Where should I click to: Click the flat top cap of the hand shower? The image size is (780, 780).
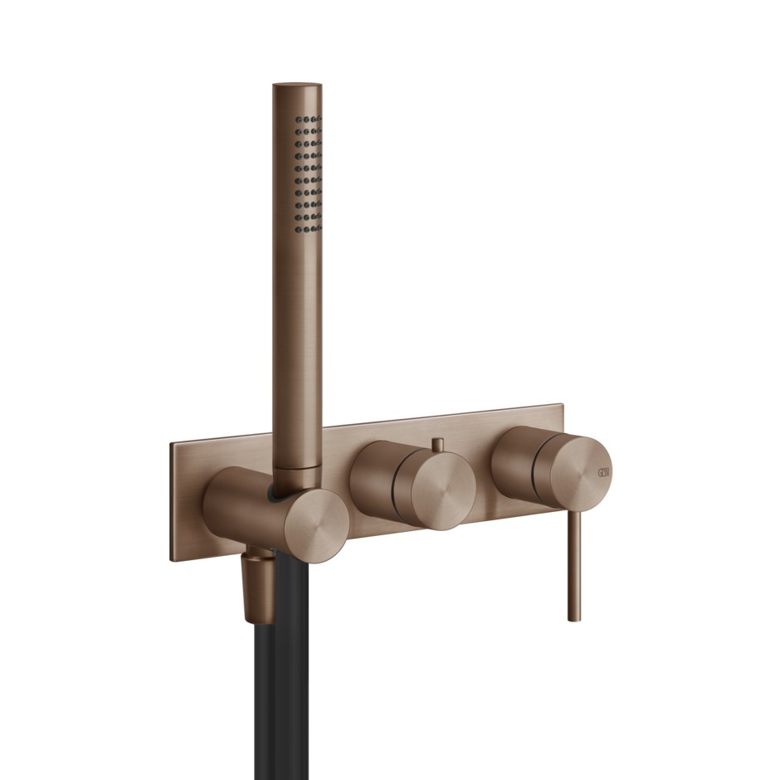[297, 86]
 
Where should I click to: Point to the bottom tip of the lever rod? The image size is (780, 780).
[574, 618]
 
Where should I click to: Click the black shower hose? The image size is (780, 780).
[282, 680]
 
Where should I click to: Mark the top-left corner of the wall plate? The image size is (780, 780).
[172, 443]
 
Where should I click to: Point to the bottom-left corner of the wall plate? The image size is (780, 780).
[173, 562]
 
